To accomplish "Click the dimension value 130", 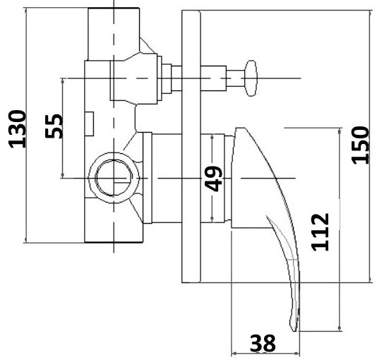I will click(17, 128).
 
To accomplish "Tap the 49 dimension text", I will click(215, 179).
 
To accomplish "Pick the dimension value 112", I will click(321, 232).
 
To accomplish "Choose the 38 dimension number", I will click(263, 344).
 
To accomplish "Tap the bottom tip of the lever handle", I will click(293, 326).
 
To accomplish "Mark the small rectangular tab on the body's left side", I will click(90, 123).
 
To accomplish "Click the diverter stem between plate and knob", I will click(219, 75).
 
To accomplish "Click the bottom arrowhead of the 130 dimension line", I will click(25, 240).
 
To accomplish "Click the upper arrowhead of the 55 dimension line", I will click(63, 80).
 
